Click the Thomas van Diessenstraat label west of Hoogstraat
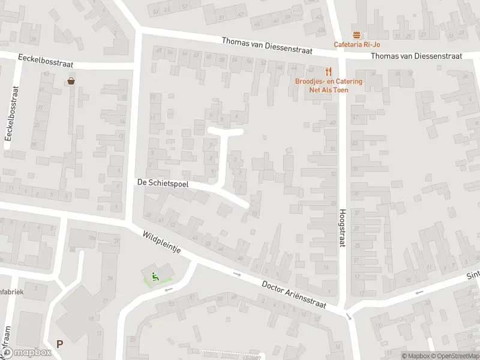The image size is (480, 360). point(267,46)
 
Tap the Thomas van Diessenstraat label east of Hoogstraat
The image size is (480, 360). point(416,56)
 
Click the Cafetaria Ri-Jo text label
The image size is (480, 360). point(358,44)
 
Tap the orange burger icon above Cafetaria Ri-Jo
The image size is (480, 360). point(357,34)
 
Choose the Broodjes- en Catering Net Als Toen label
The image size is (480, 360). point(328,85)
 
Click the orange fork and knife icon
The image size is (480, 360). point(328,71)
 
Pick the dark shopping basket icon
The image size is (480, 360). point(71,81)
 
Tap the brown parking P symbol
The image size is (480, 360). point(59,344)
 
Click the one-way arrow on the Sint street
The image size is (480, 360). point(418,293)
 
